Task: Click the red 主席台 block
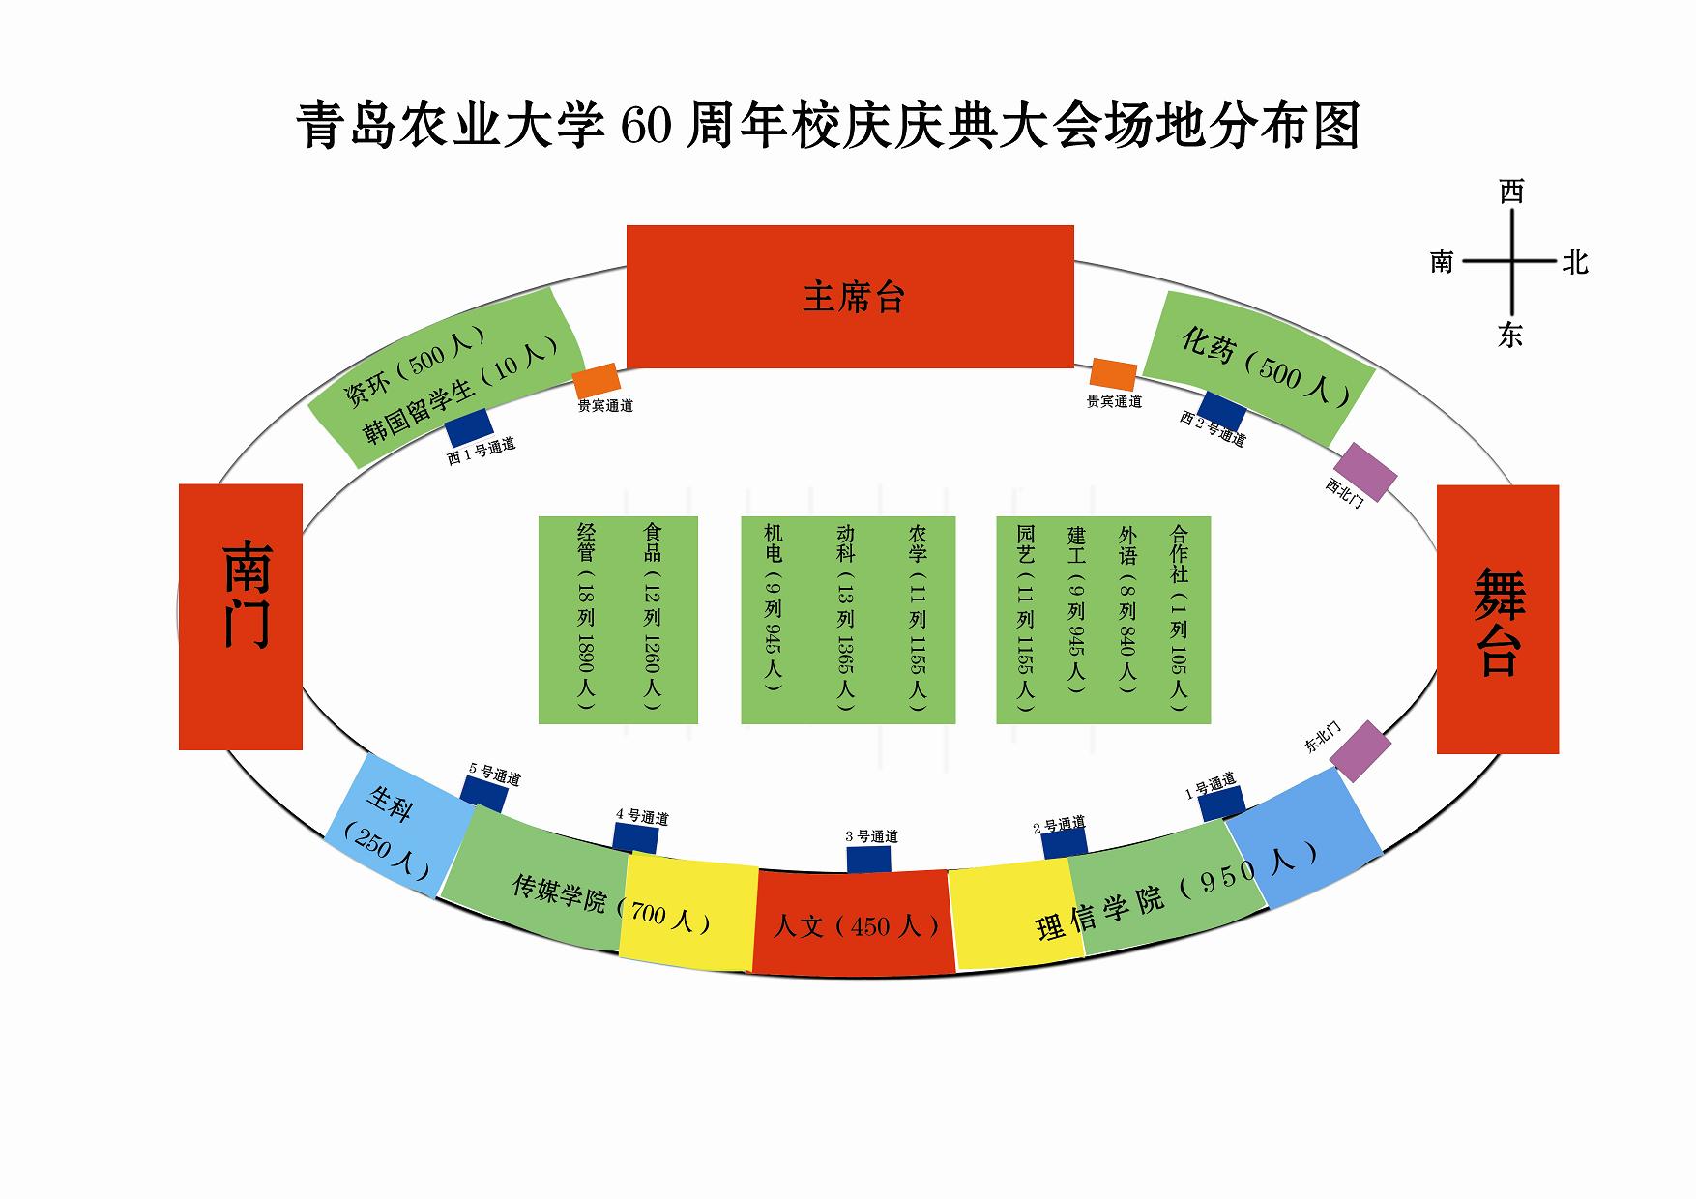tap(850, 296)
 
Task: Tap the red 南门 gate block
tap(241, 616)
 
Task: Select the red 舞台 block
tap(1497, 619)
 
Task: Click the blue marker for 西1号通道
tap(469, 426)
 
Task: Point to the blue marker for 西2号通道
tap(1222, 410)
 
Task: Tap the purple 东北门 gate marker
tap(1360, 750)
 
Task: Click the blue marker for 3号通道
tap(868, 860)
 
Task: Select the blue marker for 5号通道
tap(483, 794)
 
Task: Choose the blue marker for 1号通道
tap(1221, 804)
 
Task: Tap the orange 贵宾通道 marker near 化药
tap(1113, 374)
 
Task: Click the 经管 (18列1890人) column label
tap(586, 616)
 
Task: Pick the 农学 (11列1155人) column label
tap(918, 616)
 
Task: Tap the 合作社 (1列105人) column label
tap(1179, 616)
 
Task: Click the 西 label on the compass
tap(1511, 192)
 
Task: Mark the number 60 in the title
tap(645, 126)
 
